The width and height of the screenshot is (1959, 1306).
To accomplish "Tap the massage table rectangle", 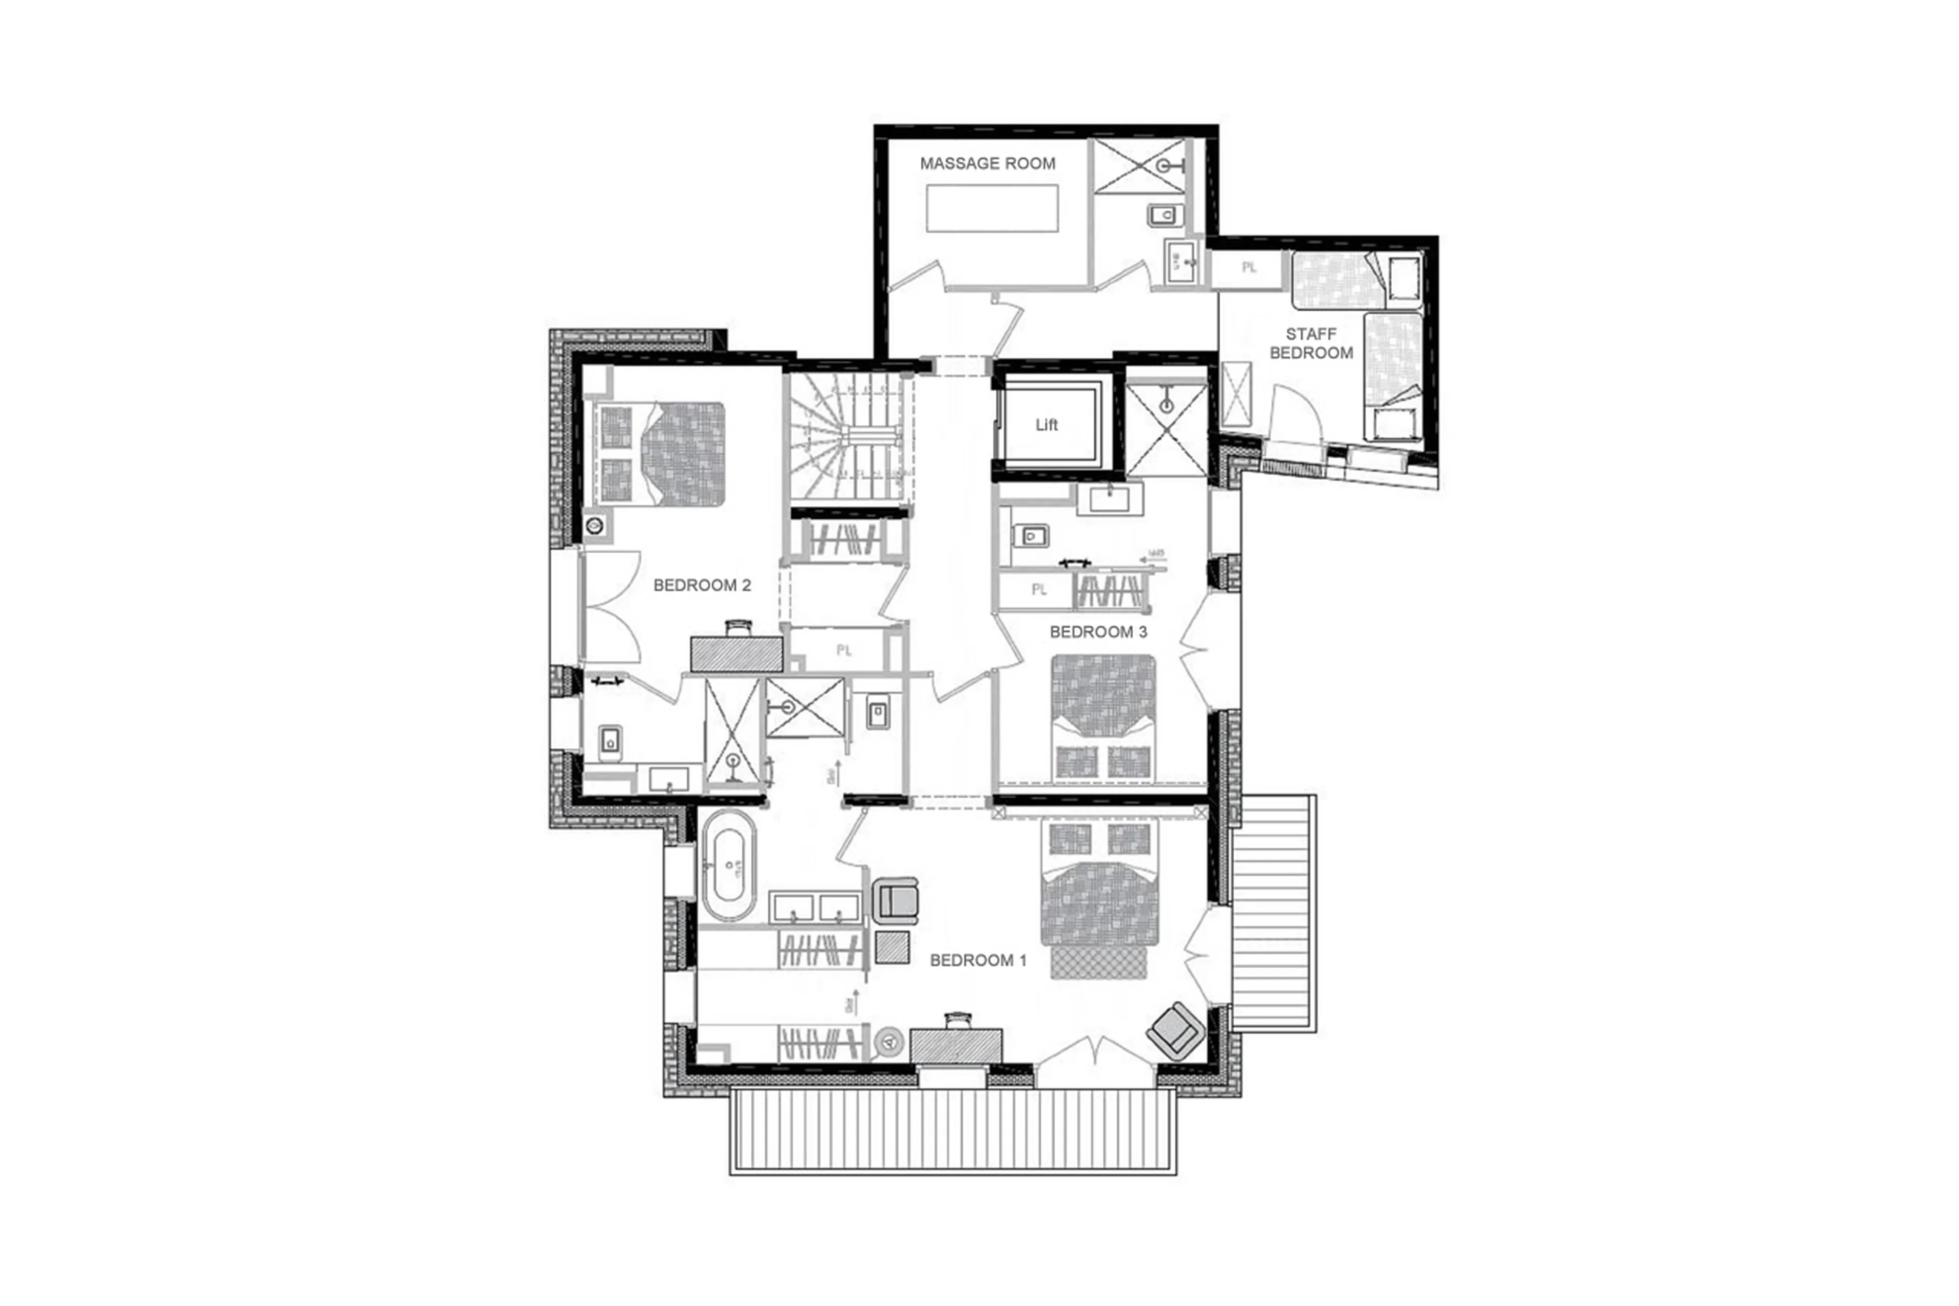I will click(992, 208).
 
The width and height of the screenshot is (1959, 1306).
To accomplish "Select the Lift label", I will click(1046, 425).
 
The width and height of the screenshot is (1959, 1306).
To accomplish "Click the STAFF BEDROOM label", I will click(1311, 343).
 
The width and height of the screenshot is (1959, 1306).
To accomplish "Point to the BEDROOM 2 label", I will click(702, 585).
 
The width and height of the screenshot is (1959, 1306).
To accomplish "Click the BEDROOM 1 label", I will click(977, 960).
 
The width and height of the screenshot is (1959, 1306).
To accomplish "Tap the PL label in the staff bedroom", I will click(1248, 268).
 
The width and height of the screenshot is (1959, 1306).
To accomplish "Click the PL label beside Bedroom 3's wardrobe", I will click(1038, 589).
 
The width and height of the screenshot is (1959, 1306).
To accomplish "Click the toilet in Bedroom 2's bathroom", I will click(610, 740).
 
